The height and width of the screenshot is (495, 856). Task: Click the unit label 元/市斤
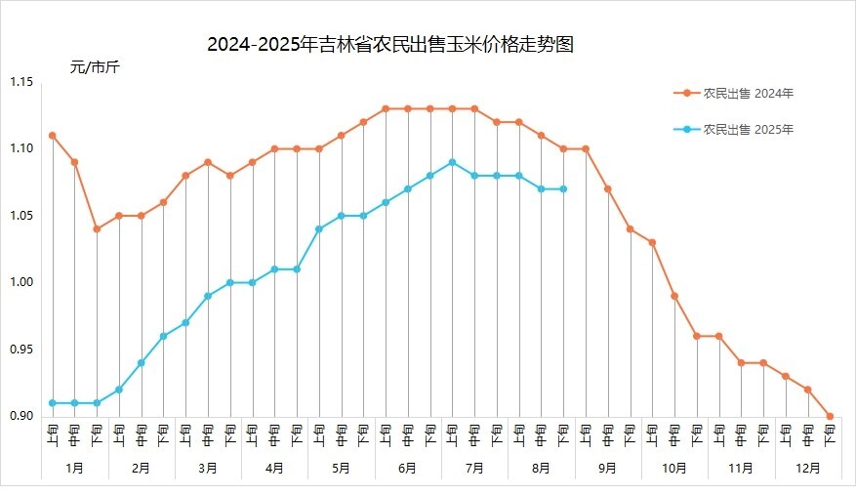(x=95, y=67)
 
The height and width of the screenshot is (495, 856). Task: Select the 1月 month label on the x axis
(x=75, y=468)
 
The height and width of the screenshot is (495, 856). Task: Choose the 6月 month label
(x=408, y=468)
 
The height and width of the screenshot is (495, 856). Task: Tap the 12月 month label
(x=808, y=468)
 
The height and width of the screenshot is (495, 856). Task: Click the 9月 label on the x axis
(x=608, y=468)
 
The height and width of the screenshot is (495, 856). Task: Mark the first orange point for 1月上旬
(x=52, y=136)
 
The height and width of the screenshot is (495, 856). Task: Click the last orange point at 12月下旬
(x=830, y=416)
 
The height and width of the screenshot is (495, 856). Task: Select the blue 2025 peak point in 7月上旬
(x=452, y=162)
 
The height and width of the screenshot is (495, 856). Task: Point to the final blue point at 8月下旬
(x=563, y=188)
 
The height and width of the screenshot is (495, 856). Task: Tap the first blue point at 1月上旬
(x=52, y=402)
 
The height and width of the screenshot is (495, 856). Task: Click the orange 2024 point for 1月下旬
(x=97, y=228)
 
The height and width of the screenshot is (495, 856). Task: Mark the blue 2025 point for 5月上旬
(x=319, y=228)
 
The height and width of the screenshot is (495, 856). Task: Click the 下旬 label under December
(x=830, y=433)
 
